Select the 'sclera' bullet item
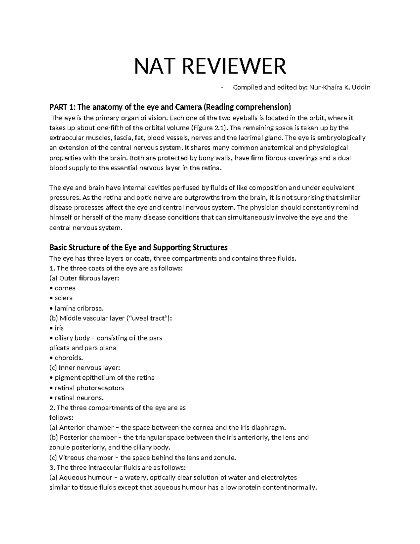tap(64, 298)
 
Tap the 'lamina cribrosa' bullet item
tap(79, 308)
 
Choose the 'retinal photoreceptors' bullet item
tap(89, 388)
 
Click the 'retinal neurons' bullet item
tap(79, 398)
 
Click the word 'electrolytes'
tap(279, 477)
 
